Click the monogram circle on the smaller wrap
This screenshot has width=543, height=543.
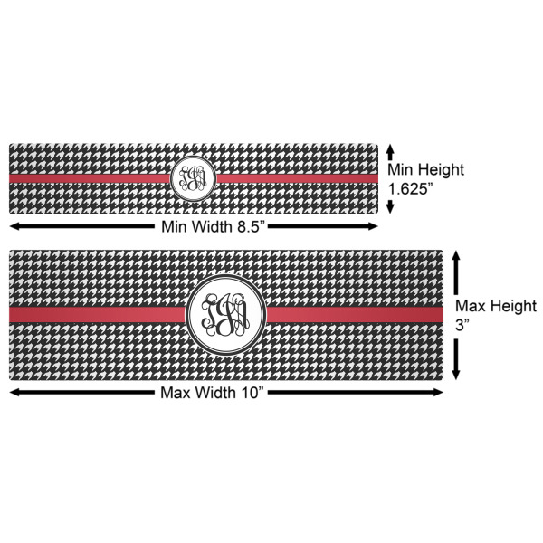point(192,178)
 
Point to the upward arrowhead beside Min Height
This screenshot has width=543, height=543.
point(390,147)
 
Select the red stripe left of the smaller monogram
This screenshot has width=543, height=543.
point(90,179)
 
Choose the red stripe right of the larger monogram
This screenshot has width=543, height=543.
point(353,314)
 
